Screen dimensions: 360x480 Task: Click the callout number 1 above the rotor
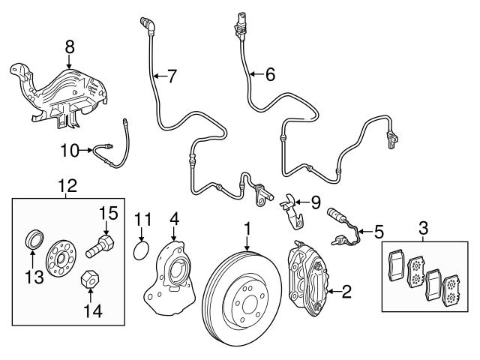click(247, 226)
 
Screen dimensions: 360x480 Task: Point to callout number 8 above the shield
click(70, 46)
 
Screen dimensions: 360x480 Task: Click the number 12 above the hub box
click(68, 184)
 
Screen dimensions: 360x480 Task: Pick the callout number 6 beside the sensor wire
click(269, 73)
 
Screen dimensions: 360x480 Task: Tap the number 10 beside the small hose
click(69, 151)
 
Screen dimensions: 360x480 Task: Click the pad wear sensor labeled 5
click(341, 226)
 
